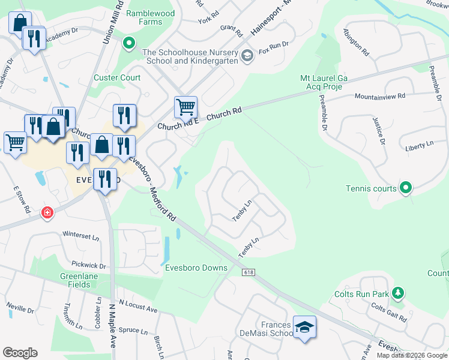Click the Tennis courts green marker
point(405,188)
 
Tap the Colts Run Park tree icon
point(396,293)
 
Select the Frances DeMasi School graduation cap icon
point(305,327)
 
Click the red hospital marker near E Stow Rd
point(47,212)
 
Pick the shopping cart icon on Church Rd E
point(185,107)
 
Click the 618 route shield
point(249,272)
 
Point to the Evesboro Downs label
point(196,268)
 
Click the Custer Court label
point(117,77)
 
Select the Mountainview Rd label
point(380,96)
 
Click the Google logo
point(20,353)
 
